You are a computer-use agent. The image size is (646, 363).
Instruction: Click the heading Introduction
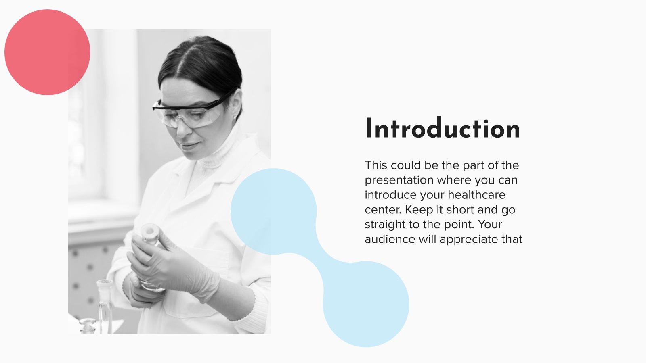(443, 129)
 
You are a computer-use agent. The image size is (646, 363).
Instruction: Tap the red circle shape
(47, 52)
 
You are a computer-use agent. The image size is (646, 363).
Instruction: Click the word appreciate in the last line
(469, 240)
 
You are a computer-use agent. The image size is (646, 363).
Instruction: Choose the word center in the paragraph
(383, 210)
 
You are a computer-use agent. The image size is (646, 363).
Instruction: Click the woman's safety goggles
(190, 111)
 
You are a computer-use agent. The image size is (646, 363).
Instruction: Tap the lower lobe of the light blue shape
(366, 305)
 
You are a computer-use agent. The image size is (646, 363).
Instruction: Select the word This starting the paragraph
(376, 165)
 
